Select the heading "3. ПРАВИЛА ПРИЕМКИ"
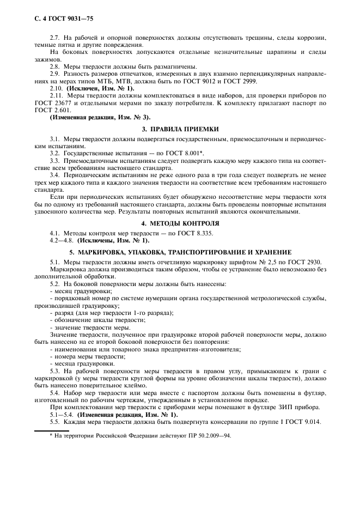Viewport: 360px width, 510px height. [x=180, y=129]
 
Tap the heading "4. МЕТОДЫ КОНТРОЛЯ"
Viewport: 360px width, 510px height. [x=180, y=223]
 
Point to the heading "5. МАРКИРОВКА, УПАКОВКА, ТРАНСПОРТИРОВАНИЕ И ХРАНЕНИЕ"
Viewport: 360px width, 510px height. [x=180, y=252]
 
